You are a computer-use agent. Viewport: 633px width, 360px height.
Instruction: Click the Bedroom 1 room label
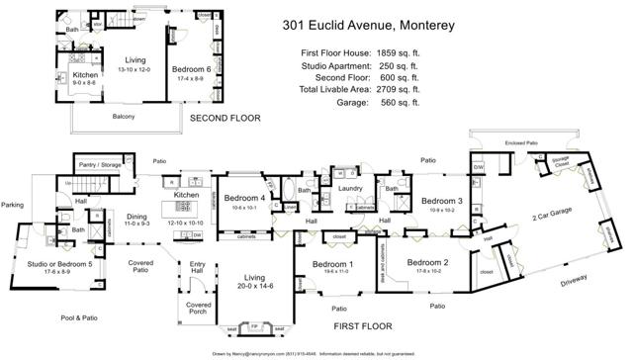pyautogui.click(x=332, y=264)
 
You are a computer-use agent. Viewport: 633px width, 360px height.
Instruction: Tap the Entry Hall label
pyautogui.click(x=198, y=266)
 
